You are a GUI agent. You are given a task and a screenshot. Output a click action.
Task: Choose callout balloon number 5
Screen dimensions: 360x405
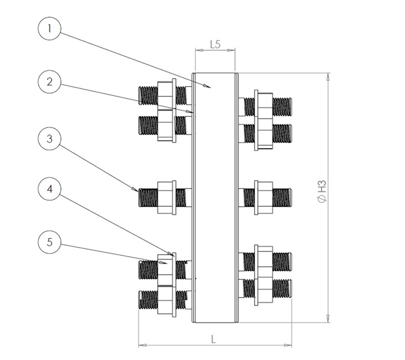(x=49, y=243)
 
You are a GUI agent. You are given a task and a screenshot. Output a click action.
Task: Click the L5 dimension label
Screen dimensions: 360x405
(x=215, y=45)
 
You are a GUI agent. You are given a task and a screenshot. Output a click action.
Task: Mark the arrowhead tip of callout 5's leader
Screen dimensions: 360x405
(x=167, y=264)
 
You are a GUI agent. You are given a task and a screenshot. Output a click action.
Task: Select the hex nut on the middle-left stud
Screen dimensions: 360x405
(x=167, y=196)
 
